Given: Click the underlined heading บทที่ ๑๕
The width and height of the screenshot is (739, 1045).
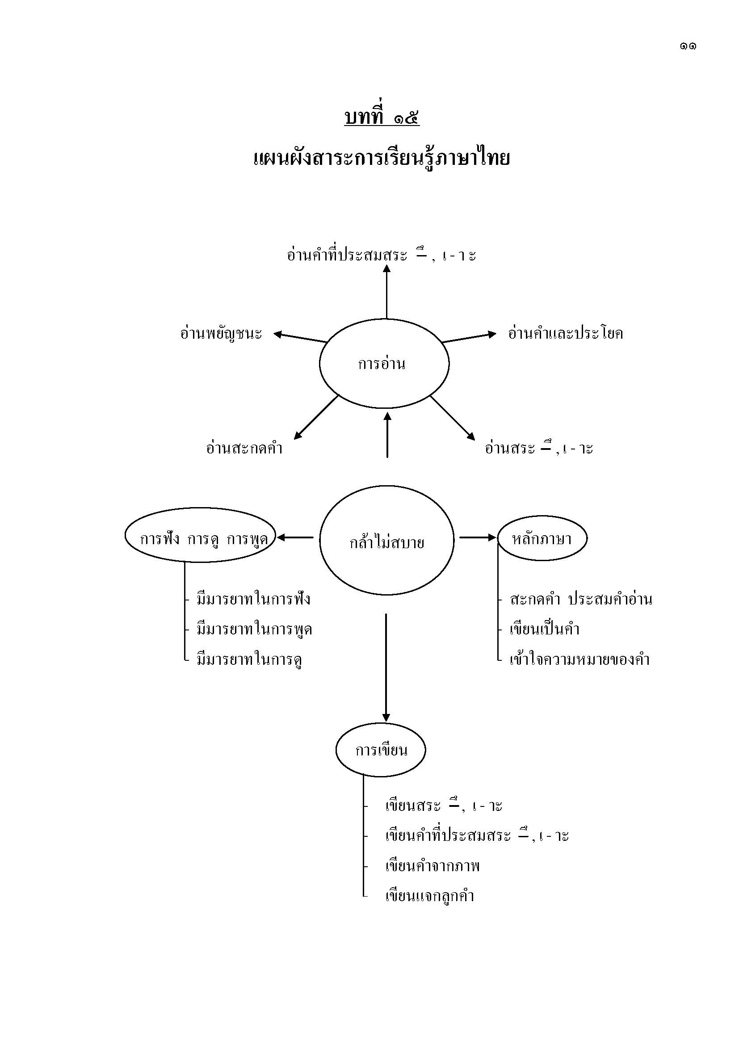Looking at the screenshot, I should [382, 118].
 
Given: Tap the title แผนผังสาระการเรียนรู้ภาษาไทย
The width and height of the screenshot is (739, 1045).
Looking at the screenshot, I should [381, 159].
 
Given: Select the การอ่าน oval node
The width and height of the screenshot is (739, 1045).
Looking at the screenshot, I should [384, 364].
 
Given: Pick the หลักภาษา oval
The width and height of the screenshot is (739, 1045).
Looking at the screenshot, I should [542, 539].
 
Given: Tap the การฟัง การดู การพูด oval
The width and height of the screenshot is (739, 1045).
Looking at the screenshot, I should [201, 539].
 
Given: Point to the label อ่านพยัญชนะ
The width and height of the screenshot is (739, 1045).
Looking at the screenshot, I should [221, 334].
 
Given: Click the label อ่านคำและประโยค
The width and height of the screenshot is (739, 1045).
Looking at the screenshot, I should [566, 334].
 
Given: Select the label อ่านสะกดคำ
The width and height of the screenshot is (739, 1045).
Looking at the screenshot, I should [244, 449].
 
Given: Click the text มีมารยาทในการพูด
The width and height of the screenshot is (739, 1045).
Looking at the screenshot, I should [254, 630].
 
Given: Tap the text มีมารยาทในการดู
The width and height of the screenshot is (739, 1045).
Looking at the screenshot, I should [250, 660].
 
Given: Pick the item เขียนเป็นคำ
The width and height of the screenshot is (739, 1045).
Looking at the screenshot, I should [544, 630].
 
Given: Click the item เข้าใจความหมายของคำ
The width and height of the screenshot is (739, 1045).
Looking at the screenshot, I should [579, 660].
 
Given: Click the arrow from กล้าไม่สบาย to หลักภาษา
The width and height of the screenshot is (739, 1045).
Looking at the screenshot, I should [477, 537].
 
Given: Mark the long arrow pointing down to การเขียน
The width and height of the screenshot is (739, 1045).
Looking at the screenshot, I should [386, 667].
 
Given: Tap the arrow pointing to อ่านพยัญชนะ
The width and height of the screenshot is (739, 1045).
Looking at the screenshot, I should [300, 337].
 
